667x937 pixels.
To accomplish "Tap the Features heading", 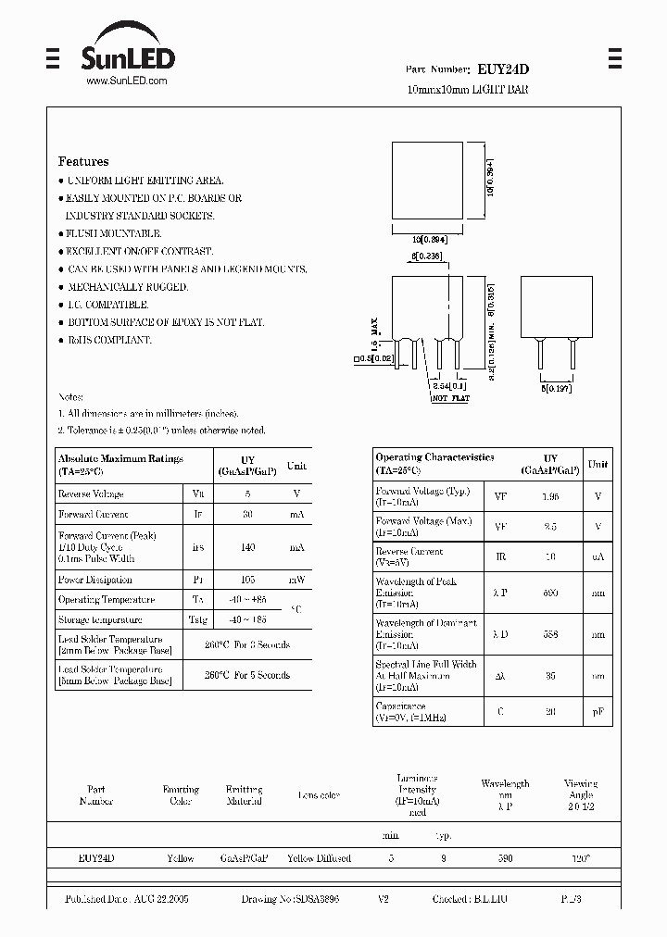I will pyautogui.click(x=83, y=161).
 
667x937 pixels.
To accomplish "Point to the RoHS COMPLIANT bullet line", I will pyautogui.click(x=108, y=340).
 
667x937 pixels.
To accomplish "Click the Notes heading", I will pyautogui.click(x=71, y=395).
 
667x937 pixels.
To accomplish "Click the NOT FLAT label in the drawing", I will pyautogui.click(x=450, y=398).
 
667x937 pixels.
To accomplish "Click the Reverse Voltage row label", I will pyautogui.click(x=91, y=494).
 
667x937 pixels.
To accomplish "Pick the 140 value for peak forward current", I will pyautogui.click(x=247, y=547).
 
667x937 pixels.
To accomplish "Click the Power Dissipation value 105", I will pyautogui.click(x=247, y=580).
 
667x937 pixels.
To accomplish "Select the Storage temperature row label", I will pyautogui.click(x=100, y=619).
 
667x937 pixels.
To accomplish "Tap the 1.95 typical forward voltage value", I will pyautogui.click(x=550, y=496).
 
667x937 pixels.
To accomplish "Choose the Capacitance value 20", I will pyautogui.click(x=550, y=711).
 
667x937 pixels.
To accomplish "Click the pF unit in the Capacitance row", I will pyautogui.click(x=598, y=711).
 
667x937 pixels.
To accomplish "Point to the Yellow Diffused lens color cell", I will pyautogui.click(x=320, y=858).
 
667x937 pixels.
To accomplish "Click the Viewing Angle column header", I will pyautogui.click(x=581, y=789).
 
